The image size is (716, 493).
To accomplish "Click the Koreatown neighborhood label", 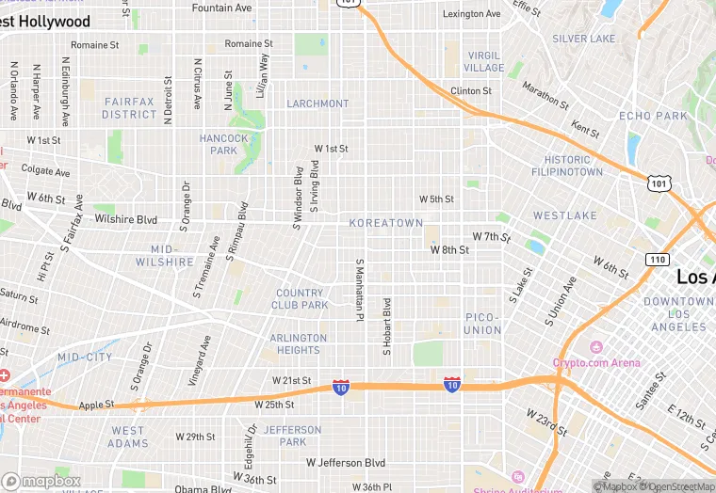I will coord(385,223).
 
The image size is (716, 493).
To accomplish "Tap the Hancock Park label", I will coord(224,144).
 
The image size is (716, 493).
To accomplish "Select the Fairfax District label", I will coord(130,107).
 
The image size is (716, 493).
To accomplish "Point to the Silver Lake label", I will coord(583,39).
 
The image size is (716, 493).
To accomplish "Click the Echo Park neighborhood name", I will coord(654,116).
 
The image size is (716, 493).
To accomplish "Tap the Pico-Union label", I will coord(483,324).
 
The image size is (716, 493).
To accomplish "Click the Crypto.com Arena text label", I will coord(596,363).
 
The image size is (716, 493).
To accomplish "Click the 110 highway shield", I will coord(657,259).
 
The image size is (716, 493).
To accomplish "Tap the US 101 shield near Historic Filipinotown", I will coord(659,183).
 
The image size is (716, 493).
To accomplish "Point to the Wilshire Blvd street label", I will coord(125,220).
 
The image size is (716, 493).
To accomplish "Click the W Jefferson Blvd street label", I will coord(346,463).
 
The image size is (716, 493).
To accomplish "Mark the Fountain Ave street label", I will coord(221,8).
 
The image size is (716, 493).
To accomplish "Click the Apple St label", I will coord(96,405).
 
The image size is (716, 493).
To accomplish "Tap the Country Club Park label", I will coord(301,299).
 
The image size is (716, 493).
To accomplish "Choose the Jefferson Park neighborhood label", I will coord(293,436).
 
